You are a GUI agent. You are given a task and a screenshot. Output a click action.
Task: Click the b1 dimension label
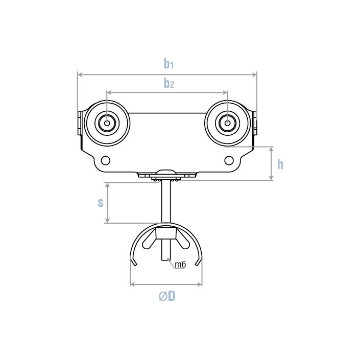[x=169, y=64]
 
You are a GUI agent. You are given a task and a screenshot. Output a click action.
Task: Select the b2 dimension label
[x=169, y=84]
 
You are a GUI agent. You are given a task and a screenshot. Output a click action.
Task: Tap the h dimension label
[x=280, y=164]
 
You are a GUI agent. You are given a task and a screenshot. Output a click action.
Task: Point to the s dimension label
[x=101, y=202]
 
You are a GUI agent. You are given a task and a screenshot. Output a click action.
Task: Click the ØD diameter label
[x=166, y=296]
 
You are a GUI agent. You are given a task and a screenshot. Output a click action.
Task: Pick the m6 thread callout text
[x=180, y=265]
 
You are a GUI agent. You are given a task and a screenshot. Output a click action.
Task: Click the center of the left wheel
[x=107, y=123]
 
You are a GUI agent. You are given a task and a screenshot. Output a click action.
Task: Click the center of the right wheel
[x=227, y=123]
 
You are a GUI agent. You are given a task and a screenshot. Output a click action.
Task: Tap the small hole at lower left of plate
[x=106, y=160]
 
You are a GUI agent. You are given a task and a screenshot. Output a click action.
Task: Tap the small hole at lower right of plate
[x=229, y=160]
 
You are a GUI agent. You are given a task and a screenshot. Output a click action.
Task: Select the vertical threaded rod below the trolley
[x=166, y=202]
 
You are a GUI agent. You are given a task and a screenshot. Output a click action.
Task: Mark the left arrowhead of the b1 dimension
[x=80, y=75]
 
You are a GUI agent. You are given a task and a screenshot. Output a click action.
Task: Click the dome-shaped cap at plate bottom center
[x=166, y=173]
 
